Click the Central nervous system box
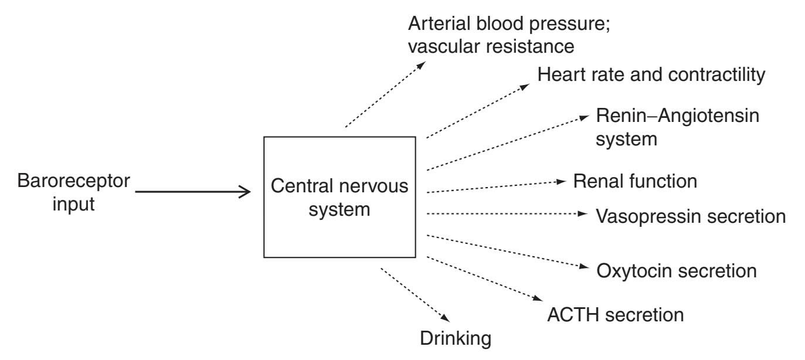[x=340, y=197]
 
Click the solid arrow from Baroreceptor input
[x=193, y=191]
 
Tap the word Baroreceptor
[x=74, y=181]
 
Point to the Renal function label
[x=635, y=181]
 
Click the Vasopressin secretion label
[x=691, y=216]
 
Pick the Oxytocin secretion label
[x=677, y=271]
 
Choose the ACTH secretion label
[x=615, y=315]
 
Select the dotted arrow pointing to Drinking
[x=415, y=294]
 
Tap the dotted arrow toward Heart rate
[x=477, y=111]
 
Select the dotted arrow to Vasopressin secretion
[x=504, y=214]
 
